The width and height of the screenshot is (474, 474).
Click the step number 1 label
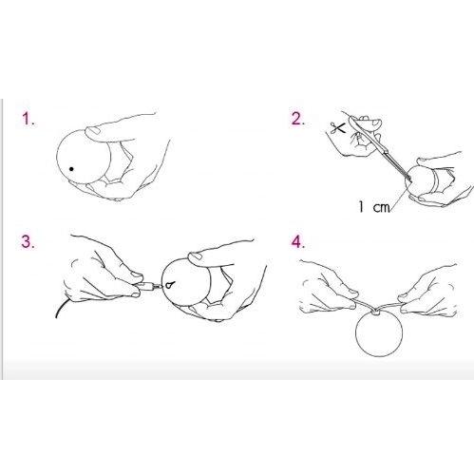click(28, 120)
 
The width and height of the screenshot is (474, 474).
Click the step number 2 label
click(297, 119)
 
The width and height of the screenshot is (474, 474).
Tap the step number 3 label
click(28, 241)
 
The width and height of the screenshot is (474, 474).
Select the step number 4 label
click(298, 242)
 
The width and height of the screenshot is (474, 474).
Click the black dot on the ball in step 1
click(71, 169)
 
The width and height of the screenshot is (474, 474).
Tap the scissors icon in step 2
click(337, 127)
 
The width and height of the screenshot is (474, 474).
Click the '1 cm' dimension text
click(374, 207)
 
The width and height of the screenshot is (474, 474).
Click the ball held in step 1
click(84, 156)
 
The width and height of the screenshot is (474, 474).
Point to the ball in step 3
click(186, 282)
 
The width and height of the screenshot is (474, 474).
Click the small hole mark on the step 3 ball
click(169, 285)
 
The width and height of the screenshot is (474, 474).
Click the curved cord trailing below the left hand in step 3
click(61, 307)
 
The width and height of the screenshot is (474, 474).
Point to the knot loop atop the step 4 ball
click(376, 312)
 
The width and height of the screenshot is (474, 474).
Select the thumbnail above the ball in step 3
click(196, 256)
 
